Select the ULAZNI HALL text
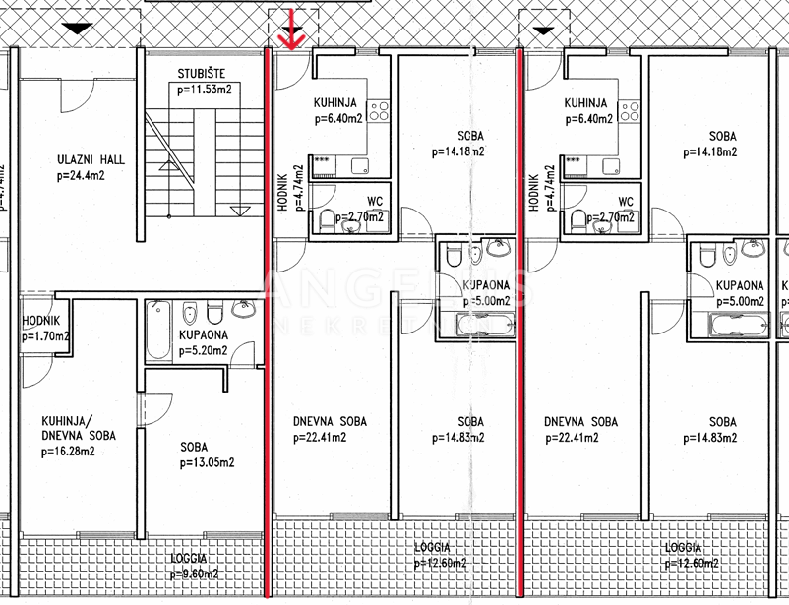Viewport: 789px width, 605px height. point(91,160)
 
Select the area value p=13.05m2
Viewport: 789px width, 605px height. point(207,462)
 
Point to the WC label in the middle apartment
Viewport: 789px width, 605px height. point(375,202)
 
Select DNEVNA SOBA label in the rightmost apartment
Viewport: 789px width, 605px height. point(581,421)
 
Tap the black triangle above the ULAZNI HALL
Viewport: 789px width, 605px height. point(74,31)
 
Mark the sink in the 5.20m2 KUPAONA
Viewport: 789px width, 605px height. point(242,310)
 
